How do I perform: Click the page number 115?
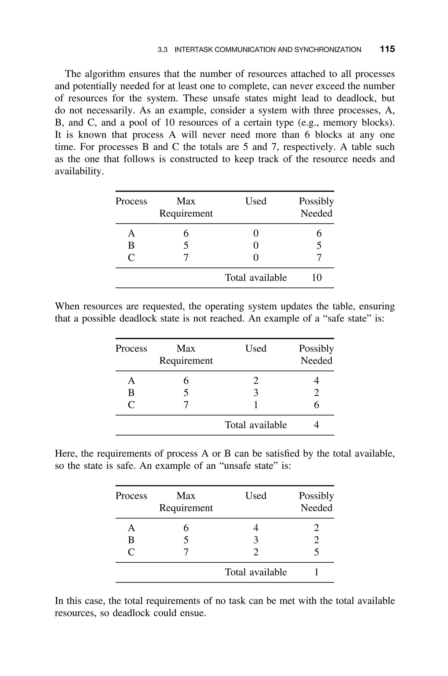pyautogui.click(x=387, y=49)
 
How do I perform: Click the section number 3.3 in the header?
pyautogui.click(x=162, y=50)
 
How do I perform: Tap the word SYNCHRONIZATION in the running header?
pyautogui.click(x=327, y=50)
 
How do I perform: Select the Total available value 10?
pyautogui.click(x=317, y=277)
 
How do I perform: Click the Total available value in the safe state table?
pyautogui.click(x=316, y=425)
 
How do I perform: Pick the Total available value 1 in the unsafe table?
pyautogui.click(x=316, y=572)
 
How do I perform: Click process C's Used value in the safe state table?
pyautogui.click(x=256, y=405)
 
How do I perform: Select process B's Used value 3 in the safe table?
pyautogui.click(x=256, y=393)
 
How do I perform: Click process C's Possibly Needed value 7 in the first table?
pyautogui.click(x=319, y=258)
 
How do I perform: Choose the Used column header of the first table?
pyautogui.click(x=256, y=201)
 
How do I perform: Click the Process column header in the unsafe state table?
pyautogui.click(x=131, y=496)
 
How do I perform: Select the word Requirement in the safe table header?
pyautogui.click(x=186, y=361)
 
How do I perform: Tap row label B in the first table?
pyautogui.click(x=131, y=246)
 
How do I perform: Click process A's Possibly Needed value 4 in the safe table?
pyautogui.click(x=316, y=381)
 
